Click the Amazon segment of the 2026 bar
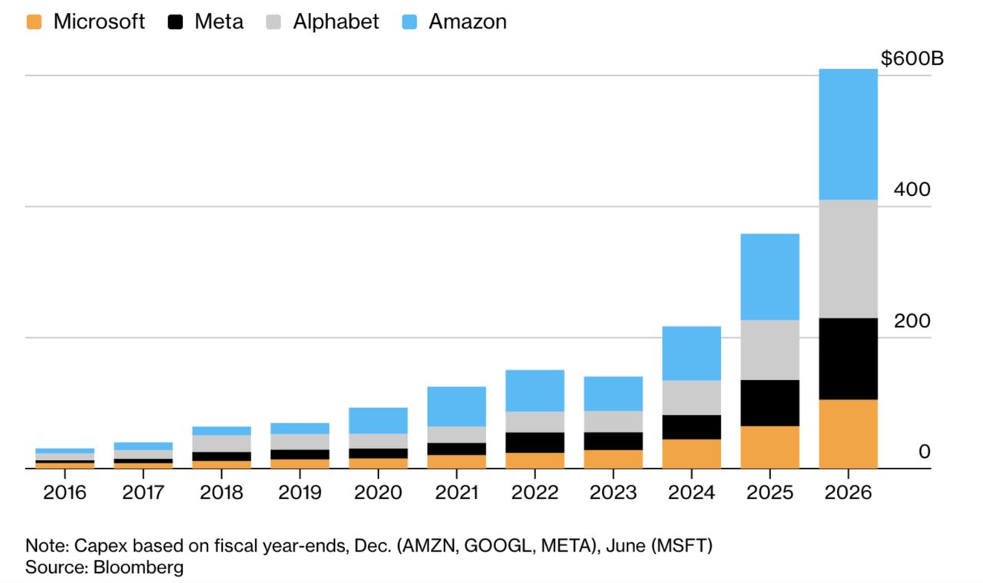tap(849, 134)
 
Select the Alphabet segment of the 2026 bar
tap(849, 259)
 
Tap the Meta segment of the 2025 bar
tap(770, 403)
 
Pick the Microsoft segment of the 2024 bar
tap(692, 454)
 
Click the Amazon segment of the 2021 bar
tap(456, 406)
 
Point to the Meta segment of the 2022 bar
tap(535, 442)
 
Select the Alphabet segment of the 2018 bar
tap(222, 443)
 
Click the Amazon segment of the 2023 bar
tap(614, 394)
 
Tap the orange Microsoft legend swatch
tap(34, 22)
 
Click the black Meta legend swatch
tap(175, 22)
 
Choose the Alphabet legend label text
tap(336, 22)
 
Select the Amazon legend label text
tap(468, 22)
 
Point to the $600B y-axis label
tap(912, 58)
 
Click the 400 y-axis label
tap(912, 189)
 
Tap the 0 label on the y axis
tap(924, 452)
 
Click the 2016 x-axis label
tap(65, 492)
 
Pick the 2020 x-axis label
tap(378, 492)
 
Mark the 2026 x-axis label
tap(848, 492)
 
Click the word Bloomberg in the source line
tap(138, 567)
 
